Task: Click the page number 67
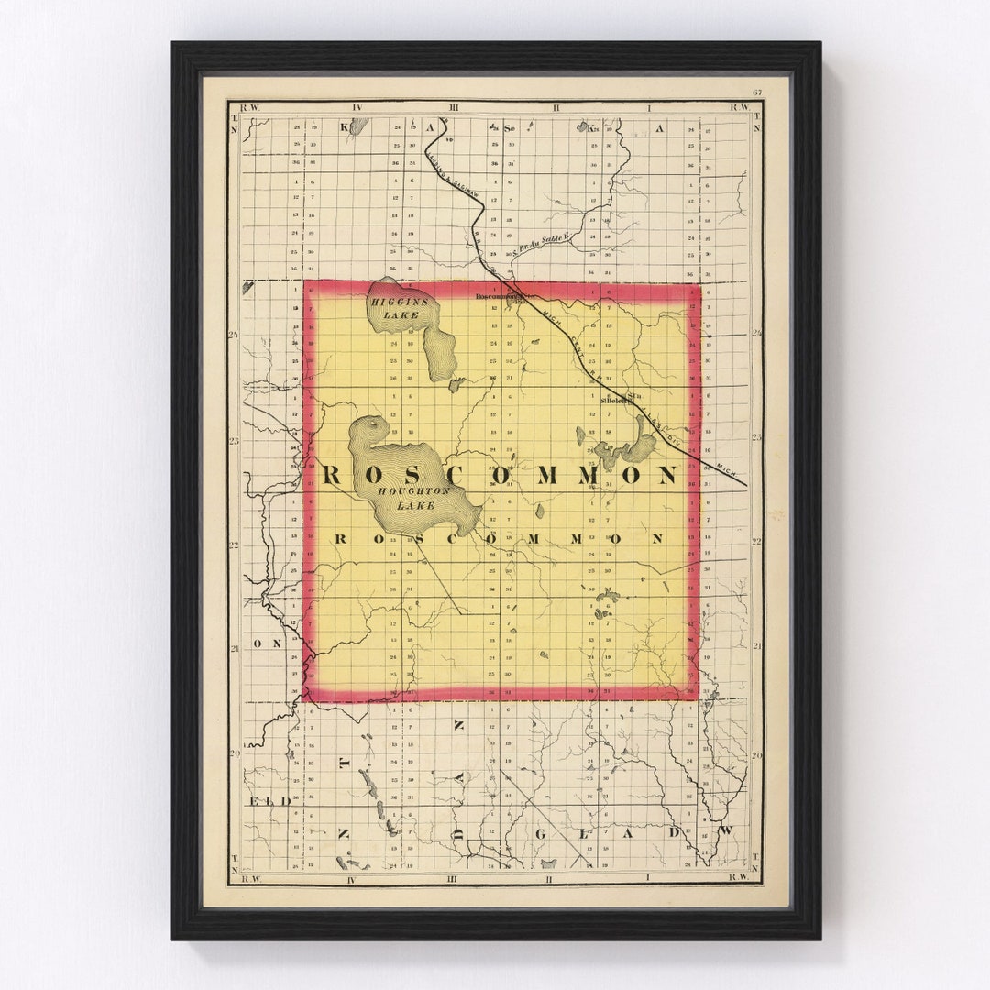coord(757,93)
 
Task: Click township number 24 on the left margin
coord(234,335)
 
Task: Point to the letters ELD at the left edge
coord(269,801)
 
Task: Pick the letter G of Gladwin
coord(540,832)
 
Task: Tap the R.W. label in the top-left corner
coord(250,107)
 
